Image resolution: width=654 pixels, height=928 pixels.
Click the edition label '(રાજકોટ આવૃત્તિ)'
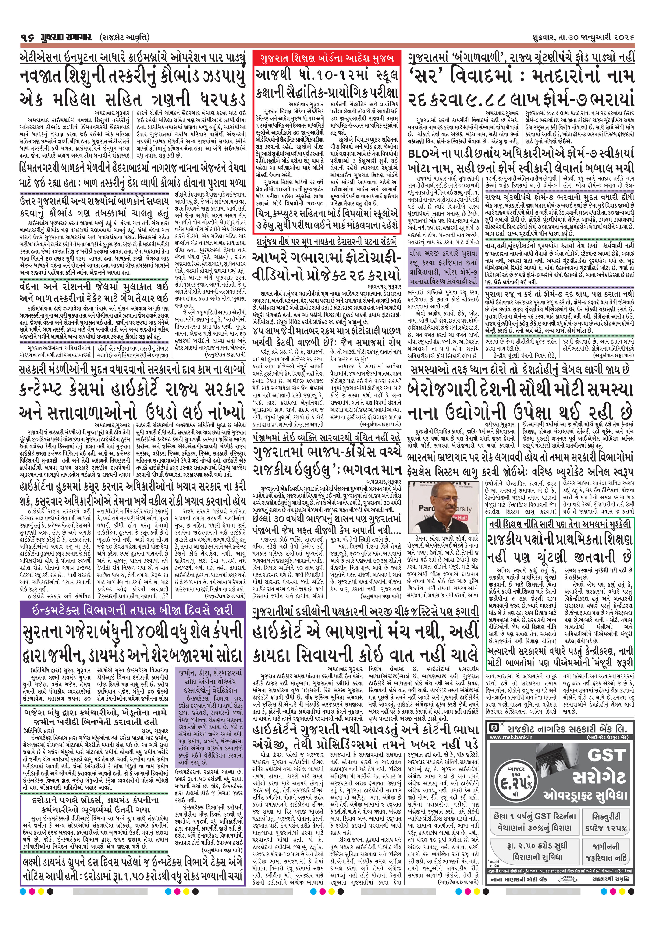124,38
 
